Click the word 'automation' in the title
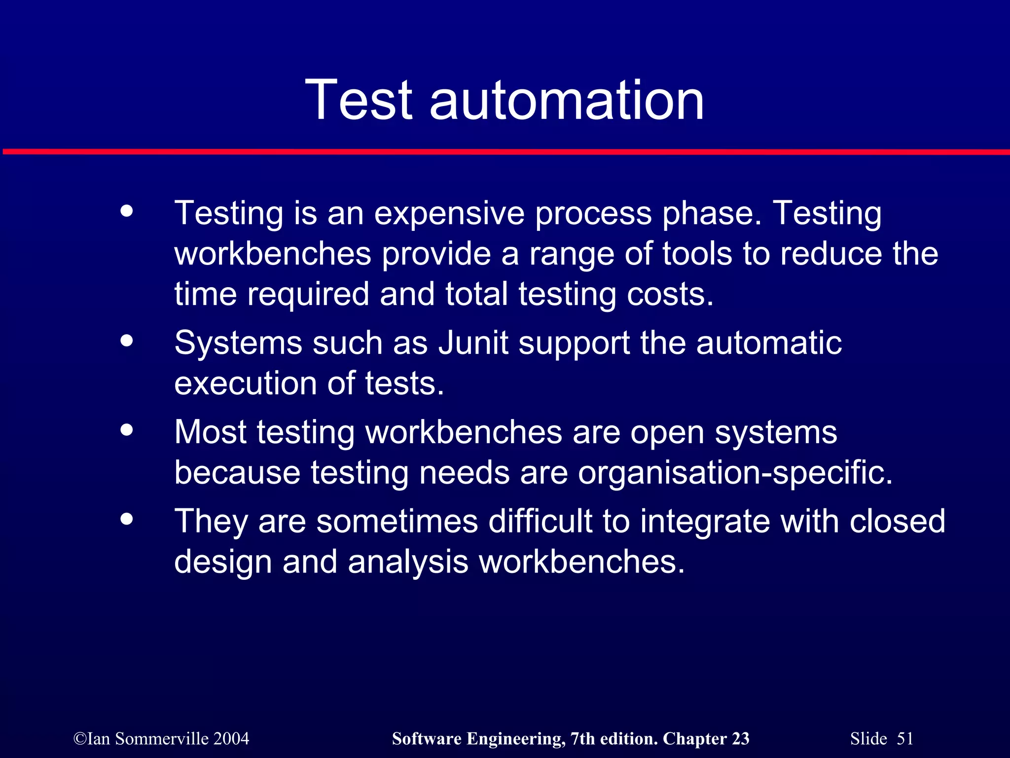click(567, 101)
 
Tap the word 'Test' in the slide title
click(359, 101)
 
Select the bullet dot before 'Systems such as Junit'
click(127, 341)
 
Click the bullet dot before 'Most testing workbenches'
click(127, 430)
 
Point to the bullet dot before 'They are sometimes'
click(127, 519)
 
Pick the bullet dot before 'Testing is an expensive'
click(127, 211)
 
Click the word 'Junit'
click(473, 342)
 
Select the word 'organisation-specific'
click(735, 473)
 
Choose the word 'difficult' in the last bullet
click(540, 521)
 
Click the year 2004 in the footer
click(232, 739)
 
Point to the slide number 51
click(905, 739)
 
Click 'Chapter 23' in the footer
click(706, 739)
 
